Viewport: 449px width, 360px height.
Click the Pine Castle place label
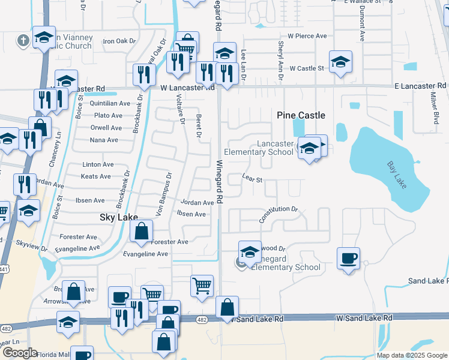[301, 115]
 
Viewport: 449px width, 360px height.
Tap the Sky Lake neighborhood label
[118, 218]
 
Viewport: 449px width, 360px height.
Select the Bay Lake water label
[397, 173]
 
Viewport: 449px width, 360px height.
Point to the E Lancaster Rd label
[420, 86]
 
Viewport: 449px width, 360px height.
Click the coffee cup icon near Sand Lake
[348, 259]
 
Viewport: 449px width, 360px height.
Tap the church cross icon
[23, 41]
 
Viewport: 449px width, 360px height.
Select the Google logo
[19, 352]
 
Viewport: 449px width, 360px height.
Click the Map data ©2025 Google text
[411, 355]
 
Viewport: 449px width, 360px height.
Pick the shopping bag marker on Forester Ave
[141, 231]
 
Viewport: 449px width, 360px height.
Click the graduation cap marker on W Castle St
[340, 62]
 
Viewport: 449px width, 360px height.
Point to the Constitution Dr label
[279, 215]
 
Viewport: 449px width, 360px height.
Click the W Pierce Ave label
[307, 36]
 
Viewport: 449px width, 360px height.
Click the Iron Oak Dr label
[120, 41]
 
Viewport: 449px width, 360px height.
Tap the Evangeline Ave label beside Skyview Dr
[77, 248]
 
